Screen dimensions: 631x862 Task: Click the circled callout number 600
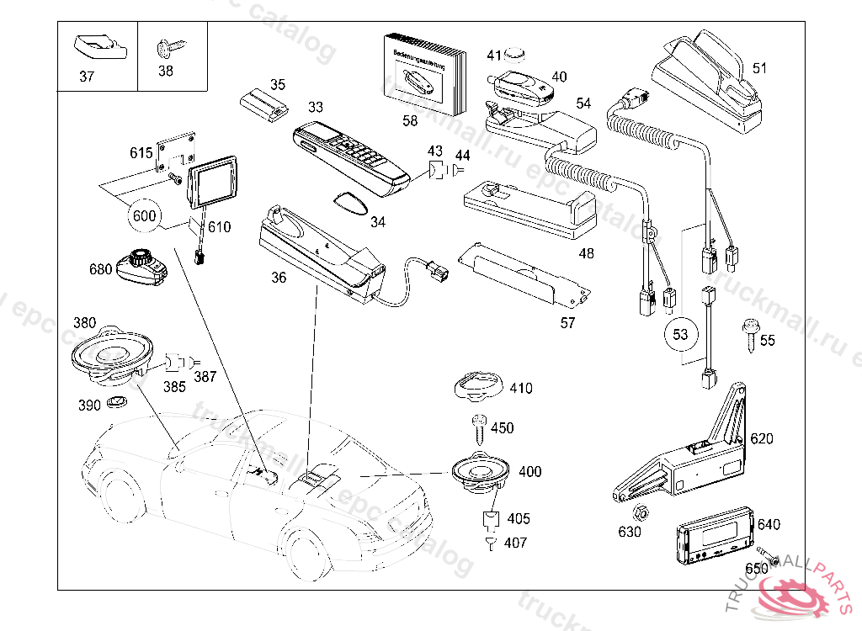click(145, 215)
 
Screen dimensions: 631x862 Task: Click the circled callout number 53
click(680, 334)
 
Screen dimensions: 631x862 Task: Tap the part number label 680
click(100, 269)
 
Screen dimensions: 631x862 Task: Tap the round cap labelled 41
click(515, 56)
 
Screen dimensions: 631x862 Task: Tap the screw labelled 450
click(478, 427)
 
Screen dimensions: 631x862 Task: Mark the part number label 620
click(761, 438)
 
